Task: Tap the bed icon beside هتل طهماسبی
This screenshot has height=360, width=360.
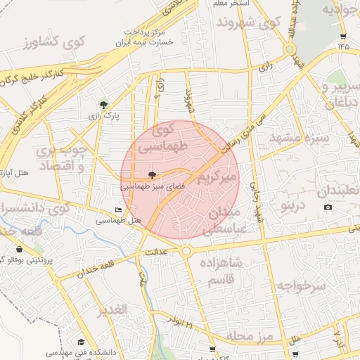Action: click(x=118, y=210)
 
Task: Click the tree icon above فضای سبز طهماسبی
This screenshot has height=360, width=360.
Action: click(x=153, y=174)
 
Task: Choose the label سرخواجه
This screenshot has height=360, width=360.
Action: click(x=302, y=285)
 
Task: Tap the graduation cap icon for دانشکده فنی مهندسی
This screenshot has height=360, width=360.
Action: click(x=81, y=342)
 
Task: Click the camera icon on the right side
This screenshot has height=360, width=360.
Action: click(x=328, y=207)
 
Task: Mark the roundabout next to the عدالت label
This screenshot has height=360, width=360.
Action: click(x=186, y=251)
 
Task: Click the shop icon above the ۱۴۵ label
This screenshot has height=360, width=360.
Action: click(x=342, y=37)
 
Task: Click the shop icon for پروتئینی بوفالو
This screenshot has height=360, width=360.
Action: click(x=18, y=249)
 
